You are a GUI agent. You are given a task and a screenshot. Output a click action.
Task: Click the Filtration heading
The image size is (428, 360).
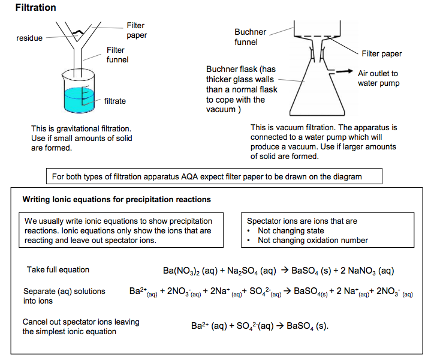[35, 8]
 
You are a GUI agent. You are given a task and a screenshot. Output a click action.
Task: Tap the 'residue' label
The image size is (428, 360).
[29, 38]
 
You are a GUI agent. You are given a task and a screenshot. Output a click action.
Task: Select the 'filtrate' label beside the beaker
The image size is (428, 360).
[115, 101]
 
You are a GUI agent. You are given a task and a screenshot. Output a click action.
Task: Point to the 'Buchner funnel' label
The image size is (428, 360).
[250, 37]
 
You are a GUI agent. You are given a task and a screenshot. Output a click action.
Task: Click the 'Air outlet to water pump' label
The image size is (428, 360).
[378, 78]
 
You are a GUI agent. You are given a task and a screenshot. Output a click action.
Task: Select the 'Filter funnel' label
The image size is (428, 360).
[117, 55]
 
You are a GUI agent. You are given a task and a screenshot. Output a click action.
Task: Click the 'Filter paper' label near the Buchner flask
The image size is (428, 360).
[382, 54]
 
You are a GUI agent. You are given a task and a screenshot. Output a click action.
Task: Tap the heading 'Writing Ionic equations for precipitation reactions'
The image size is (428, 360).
[116, 199]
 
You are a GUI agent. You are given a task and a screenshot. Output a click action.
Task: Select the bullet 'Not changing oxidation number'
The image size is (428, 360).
[313, 240]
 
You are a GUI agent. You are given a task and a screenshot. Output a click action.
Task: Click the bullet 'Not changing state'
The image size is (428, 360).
[291, 230]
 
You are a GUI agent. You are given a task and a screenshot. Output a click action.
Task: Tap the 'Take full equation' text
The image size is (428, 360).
[58, 269]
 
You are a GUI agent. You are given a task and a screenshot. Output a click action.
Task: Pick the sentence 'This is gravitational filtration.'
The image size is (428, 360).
[81, 128]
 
